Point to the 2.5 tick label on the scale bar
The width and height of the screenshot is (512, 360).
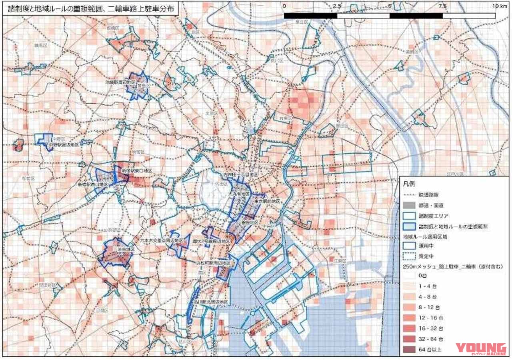pyautogui.click(x=337, y=6)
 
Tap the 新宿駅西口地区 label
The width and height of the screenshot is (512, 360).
pyautogui.click(x=92, y=184)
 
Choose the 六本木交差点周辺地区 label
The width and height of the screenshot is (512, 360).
pyautogui.click(x=164, y=241)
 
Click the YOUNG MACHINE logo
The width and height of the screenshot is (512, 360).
pyautogui.click(x=480, y=350)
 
